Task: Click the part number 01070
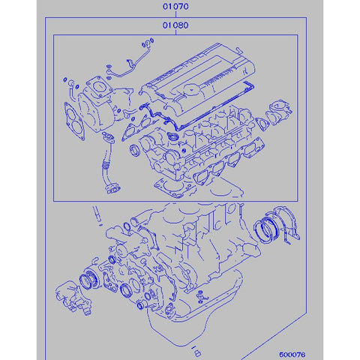(178, 8)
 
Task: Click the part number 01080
(178, 25)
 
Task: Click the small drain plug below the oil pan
(197, 350)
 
